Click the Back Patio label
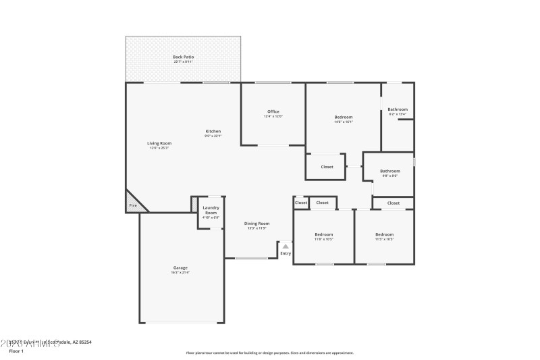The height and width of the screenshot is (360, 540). click(183, 57)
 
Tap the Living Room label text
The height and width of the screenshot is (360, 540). click(160, 143)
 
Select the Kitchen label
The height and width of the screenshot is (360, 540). click(213, 131)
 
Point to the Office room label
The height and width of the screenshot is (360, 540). click(273, 111)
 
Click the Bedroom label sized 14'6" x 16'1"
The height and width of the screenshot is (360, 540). click(344, 117)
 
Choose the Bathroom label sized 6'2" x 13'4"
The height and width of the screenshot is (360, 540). click(398, 109)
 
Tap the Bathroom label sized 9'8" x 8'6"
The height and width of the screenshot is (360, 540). click(389, 171)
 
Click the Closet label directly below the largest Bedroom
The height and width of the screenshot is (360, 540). click(327, 167)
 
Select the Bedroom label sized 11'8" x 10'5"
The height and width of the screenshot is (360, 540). click(323, 234)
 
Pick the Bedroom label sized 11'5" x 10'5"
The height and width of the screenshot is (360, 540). click(385, 234)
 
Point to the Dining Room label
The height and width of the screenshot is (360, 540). click(256, 224)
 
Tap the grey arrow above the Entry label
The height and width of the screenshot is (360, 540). click(286, 247)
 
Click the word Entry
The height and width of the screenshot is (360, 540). click(286, 253)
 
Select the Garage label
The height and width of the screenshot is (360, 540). click(180, 267)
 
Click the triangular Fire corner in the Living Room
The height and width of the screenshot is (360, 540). click(132, 205)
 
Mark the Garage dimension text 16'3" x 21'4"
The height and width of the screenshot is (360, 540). click(180, 273)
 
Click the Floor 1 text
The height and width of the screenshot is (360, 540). click(16, 351)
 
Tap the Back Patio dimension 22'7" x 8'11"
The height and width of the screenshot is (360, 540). click(183, 62)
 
